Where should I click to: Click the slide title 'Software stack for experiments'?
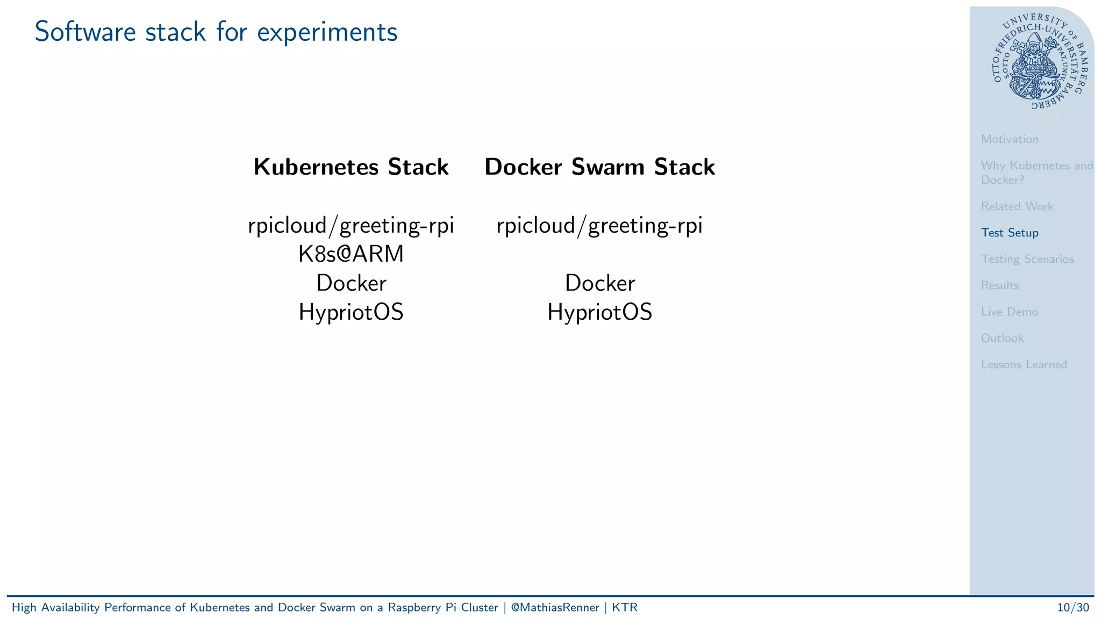(216, 32)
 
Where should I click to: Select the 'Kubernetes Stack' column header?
(351, 167)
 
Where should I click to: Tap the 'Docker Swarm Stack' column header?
(599, 167)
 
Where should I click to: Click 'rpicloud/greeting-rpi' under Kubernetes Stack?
(351, 226)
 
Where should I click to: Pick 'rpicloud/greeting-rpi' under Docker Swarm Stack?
(599, 226)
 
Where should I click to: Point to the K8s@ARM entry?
(351, 254)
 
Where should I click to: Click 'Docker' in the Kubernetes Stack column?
(351, 283)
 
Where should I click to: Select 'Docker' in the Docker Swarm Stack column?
(599, 283)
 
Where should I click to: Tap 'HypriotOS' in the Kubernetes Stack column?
(351, 312)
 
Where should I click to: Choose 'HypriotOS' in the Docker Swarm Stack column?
(599, 312)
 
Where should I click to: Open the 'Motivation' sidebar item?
(1009, 139)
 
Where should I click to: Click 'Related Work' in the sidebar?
(1017, 206)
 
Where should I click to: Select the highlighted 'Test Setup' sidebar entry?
(1009, 233)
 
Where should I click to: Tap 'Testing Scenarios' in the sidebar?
(1027, 259)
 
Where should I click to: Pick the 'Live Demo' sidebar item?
(1009, 312)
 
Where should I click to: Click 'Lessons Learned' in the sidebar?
(1024, 364)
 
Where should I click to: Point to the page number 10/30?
(1073, 608)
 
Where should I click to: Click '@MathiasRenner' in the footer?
(555, 608)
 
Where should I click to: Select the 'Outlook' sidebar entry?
(1002, 338)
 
